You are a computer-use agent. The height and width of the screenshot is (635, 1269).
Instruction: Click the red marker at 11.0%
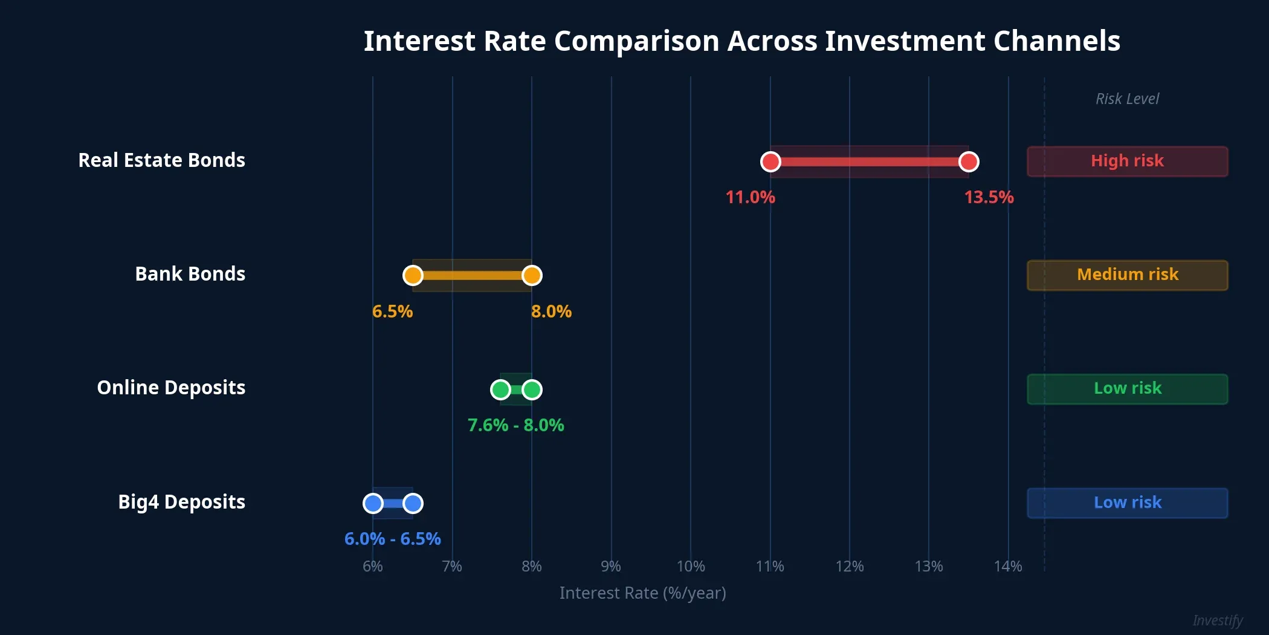coord(770,161)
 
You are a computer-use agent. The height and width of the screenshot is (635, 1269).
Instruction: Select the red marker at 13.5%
coord(969,161)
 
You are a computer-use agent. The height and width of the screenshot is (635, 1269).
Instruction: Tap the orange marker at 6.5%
coord(413,276)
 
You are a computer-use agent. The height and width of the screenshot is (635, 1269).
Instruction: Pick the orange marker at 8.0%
coord(532,276)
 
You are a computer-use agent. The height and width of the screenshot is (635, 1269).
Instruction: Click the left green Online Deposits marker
coord(500,389)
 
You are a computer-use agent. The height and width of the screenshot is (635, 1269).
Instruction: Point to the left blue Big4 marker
coord(373,503)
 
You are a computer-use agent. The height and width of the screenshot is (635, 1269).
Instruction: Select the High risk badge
coord(1127,161)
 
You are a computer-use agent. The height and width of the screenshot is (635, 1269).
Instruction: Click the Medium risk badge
coord(1127,275)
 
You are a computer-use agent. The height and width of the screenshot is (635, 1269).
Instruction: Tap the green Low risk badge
coord(1127,389)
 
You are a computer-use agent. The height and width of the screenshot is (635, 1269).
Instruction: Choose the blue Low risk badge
coord(1127,503)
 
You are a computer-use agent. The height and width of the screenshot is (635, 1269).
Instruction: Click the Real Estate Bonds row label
coord(161,160)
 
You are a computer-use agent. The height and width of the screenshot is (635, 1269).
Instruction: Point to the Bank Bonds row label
coord(190,274)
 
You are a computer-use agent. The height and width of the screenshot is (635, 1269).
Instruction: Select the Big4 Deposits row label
coord(181,502)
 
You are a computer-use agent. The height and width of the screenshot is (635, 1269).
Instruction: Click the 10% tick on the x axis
coord(691,566)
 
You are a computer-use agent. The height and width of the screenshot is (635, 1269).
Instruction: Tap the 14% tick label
coord(1008,566)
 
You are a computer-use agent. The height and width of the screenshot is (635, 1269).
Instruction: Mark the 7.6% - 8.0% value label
coord(515,425)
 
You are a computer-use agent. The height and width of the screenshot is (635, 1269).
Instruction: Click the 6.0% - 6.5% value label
coord(392,539)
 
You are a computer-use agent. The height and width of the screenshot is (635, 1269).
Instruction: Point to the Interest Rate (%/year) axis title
coord(642,593)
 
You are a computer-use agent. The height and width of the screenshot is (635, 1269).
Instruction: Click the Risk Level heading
coord(1127,99)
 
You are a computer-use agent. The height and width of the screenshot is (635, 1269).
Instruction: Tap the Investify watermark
coord(1217,620)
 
